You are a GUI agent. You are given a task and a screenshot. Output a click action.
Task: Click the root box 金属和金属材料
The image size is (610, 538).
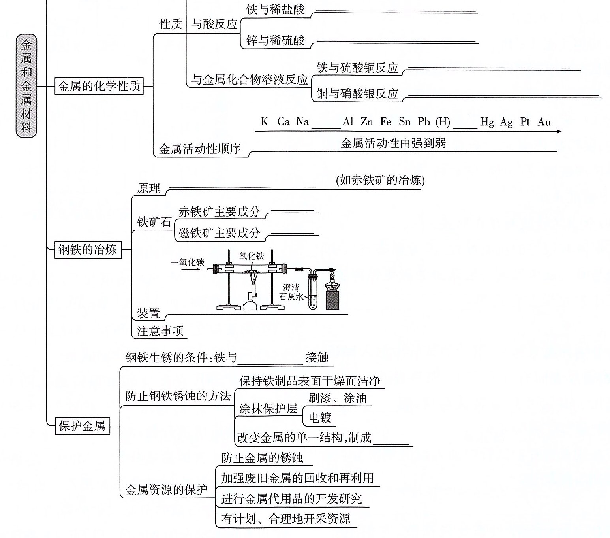[26, 85]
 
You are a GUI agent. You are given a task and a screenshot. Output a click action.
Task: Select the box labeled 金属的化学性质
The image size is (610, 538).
[99, 86]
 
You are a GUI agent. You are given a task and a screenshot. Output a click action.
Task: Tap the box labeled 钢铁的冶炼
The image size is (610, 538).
[88, 249]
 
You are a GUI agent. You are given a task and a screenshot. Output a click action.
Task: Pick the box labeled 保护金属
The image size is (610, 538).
[82, 426]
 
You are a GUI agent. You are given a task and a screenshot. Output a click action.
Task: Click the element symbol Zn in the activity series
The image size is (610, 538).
[366, 122]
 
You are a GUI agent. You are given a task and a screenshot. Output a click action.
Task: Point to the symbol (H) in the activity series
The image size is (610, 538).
[443, 122]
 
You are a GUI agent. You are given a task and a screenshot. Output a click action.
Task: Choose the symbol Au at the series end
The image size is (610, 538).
[544, 122]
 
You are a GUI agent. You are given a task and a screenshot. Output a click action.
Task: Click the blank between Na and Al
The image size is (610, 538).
[326, 123]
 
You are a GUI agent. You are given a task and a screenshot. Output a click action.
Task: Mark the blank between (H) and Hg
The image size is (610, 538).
[465, 123]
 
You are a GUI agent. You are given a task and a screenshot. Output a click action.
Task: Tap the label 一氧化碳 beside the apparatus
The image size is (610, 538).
[188, 262]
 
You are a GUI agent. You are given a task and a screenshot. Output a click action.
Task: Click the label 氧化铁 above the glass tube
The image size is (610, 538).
[252, 256]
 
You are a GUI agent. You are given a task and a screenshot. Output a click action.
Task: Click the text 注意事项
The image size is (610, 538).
[160, 330]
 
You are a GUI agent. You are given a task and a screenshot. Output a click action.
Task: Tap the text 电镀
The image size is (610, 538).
[320, 417]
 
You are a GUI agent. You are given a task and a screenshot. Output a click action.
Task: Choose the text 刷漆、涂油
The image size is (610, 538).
[338, 398]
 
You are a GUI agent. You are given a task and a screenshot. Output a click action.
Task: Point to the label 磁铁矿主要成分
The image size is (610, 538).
[220, 233]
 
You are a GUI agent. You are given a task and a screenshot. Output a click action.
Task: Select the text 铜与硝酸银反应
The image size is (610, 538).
[357, 94]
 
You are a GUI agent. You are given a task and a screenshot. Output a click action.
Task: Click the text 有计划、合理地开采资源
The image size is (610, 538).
[285, 518]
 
